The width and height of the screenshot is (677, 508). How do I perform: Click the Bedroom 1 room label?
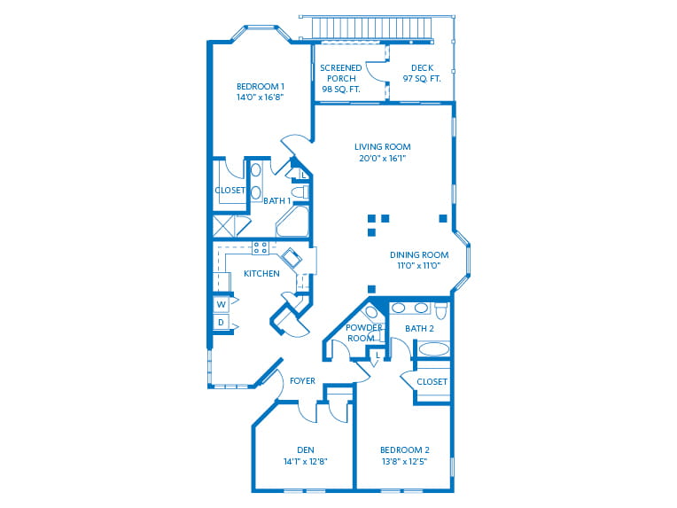click(x=260, y=86)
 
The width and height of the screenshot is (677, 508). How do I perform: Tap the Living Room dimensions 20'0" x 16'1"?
click(x=382, y=160)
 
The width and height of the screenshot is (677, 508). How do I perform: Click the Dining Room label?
click(x=418, y=254)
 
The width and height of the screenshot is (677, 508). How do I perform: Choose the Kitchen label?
click(x=261, y=273)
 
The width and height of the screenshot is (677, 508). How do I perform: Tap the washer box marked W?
click(x=221, y=304)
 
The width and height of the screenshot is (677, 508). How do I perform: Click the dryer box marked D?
click(x=221, y=324)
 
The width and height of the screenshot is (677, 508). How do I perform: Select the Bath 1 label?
click(x=276, y=201)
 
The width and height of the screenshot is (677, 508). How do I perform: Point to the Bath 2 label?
click(x=419, y=329)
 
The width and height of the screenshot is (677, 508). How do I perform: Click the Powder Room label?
click(x=364, y=332)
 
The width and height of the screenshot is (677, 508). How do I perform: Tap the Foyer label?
click(x=302, y=381)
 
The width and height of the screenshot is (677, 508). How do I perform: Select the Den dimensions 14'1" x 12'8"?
click(x=305, y=461)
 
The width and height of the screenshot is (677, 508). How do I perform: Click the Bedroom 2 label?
click(x=404, y=449)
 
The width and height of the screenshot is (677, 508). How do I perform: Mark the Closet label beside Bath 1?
click(x=230, y=190)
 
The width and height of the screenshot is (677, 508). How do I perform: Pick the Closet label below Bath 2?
click(x=432, y=382)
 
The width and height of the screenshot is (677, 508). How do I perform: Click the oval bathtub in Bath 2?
click(x=433, y=348)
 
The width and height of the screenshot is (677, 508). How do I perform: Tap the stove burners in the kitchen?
click(x=261, y=247)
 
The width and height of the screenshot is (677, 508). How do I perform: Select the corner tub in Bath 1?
click(x=292, y=223)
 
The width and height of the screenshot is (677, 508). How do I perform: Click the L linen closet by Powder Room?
click(x=377, y=356)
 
